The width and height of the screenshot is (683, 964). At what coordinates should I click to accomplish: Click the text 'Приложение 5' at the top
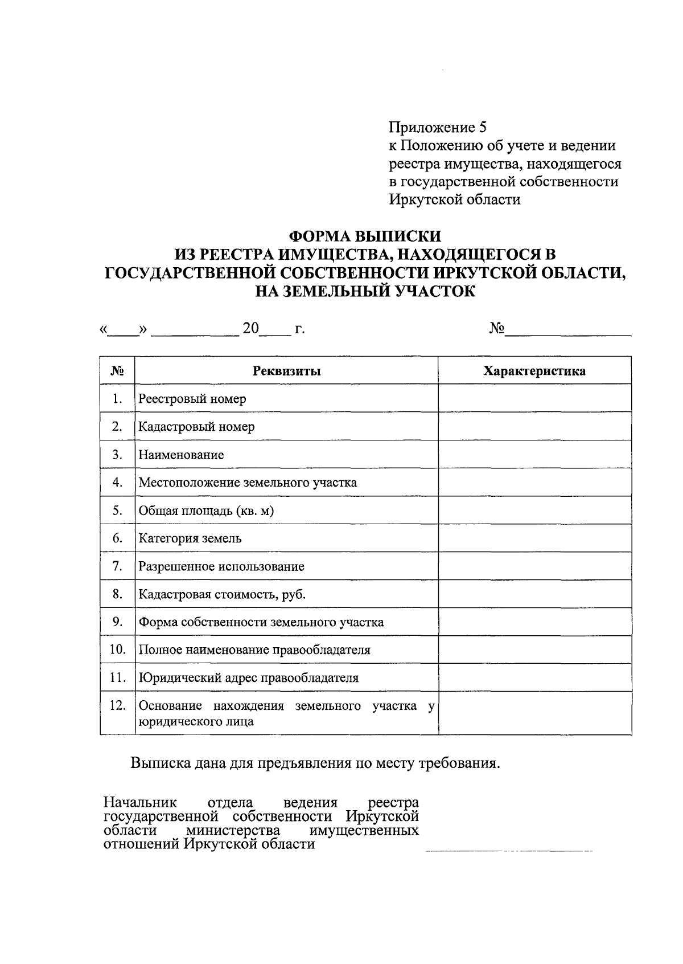point(437,128)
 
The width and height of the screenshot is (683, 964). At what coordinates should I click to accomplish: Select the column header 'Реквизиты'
point(286,371)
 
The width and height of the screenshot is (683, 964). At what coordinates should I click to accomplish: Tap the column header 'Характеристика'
point(534,371)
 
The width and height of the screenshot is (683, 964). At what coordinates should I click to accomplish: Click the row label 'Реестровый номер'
point(192,399)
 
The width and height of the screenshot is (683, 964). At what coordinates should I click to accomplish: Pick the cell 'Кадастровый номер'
point(196,427)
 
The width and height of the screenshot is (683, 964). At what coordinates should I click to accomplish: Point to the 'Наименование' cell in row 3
point(181,455)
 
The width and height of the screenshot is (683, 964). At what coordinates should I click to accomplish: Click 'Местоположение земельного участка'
point(248,483)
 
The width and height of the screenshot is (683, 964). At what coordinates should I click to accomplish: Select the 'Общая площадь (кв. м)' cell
point(206,510)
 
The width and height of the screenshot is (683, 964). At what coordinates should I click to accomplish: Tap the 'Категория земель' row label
point(190,538)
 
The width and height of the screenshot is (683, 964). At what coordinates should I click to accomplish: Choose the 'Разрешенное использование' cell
point(221,567)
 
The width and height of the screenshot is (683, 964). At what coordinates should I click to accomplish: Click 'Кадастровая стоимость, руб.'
point(222,595)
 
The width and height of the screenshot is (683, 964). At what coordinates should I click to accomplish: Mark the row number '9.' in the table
point(118,622)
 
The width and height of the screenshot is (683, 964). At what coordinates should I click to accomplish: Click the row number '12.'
point(117,706)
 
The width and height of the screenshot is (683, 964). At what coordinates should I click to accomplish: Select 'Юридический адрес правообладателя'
point(249,678)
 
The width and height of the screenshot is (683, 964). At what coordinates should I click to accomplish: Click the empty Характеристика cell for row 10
point(534,650)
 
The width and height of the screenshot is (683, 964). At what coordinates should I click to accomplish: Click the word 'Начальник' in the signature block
point(140,803)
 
